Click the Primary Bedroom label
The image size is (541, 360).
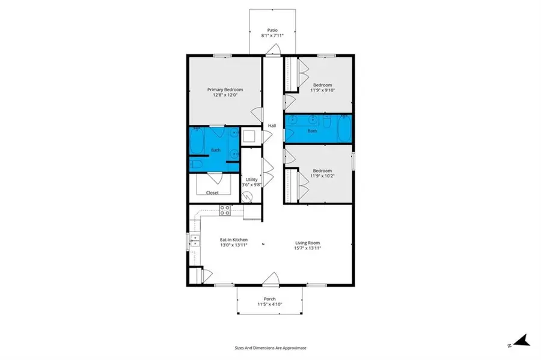pos(225,90)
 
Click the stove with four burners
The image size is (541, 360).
pos(225,210)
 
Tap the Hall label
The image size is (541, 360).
pos(272,126)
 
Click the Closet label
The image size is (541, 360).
pos(212,193)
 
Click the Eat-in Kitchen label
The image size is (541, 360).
pos(233,240)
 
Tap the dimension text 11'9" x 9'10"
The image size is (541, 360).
pos(322,91)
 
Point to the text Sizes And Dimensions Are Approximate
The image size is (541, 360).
pos(270,347)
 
